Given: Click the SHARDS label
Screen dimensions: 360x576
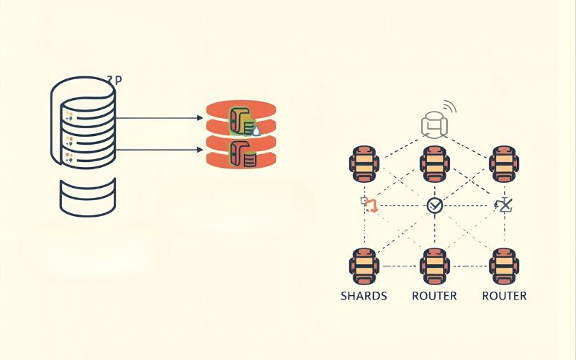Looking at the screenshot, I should (x=364, y=296).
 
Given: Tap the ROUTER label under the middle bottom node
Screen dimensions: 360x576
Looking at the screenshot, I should (x=434, y=296).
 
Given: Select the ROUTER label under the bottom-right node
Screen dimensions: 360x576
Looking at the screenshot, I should (x=504, y=296).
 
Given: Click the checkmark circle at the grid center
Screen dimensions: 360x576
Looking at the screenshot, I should (x=434, y=206).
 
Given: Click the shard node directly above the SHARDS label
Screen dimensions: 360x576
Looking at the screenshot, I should (x=363, y=265).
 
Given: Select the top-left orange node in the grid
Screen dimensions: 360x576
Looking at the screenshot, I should (x=363, y=163).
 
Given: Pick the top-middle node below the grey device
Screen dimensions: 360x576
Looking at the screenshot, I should (x=434, y=163).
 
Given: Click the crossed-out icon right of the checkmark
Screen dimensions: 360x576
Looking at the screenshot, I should (x=505, y=206).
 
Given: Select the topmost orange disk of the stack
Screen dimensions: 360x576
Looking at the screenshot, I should (x=241, y=109).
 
